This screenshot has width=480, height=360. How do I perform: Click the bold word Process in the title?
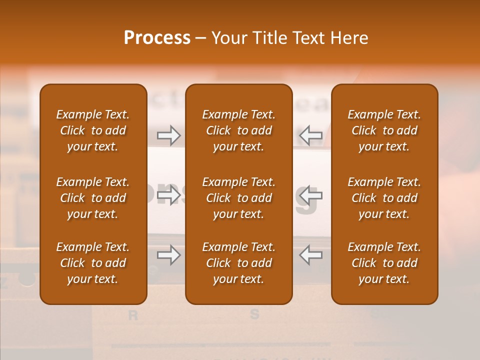pyautogui.click(x=157, y=38)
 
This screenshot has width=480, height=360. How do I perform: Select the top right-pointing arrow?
pyautogui.click(x=168, y=135)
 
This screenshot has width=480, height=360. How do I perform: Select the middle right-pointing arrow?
pyautogui.click(x=168, y=195)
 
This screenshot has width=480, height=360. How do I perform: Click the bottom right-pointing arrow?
pyautogui.click(x=168, y=255)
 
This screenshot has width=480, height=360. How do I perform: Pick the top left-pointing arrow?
pyautogui.click(x=310, y=135)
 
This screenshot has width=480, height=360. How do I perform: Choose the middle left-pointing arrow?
pyautogui.click(x=310, y=195)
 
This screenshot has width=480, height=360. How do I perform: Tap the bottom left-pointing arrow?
pyautogui.click(x=310, y=255)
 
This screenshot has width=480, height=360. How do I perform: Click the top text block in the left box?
pyautogui.click(x=93, y=130)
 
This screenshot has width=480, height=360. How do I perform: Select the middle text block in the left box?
pyautogui.click(x=93, y=198)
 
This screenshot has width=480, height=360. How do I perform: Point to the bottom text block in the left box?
pyautogui.click(x=93, y=263)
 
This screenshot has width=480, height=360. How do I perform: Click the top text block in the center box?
pyautogui.click(x=238, y=130)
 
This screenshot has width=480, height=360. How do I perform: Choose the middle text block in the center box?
pyautogui.click(x=238, y=198)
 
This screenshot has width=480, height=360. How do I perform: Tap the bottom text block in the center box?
pyautogui.click(x=238, y=263)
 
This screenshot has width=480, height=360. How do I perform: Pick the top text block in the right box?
pyautogui.click(x=384, y=130)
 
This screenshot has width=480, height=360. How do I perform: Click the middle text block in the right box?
pyautogui.click(x=384, y=198)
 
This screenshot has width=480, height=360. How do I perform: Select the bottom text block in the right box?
pyautogui.click(x=384, y=263)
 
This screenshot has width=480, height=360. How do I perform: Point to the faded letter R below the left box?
pyautogui.click(x=133, y=315)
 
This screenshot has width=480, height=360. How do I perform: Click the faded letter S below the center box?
pyautogui.click(x=254, y=314)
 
